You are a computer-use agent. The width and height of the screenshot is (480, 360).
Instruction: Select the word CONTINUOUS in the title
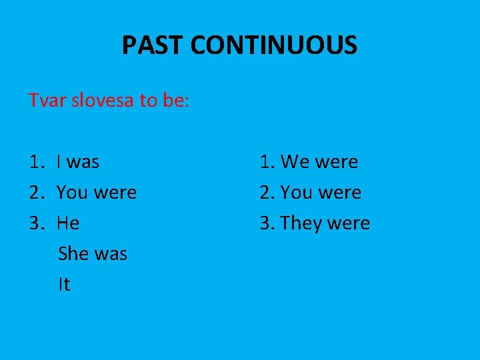(x=274, y=46)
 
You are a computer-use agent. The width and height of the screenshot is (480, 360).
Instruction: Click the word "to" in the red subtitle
(x=147, y=101)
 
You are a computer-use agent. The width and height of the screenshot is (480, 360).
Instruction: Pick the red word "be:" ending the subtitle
(x=175, y=101)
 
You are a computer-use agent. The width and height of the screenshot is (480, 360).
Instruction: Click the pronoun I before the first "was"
(x=60, y=162)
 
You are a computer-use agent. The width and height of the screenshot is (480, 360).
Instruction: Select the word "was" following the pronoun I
(x=83, y=162)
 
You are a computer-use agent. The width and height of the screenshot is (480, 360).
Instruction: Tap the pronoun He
(x=68, y=223)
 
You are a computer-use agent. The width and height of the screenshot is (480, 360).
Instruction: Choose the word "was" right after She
(x=111, y=254)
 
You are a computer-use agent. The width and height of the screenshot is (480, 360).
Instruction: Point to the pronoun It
(x=64, y=285)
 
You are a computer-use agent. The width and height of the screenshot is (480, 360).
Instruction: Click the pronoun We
(x=294, y=162)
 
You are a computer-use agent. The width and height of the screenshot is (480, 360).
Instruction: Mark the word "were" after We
(x=336, y=162)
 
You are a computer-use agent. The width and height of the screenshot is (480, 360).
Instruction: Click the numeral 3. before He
(x=36, y=223)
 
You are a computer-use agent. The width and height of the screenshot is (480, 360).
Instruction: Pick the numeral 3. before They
(x=267, y=223)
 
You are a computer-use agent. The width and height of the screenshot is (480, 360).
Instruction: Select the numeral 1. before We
(x=267, y=162)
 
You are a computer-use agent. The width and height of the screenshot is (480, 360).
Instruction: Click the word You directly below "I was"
(x=72, y=193)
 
